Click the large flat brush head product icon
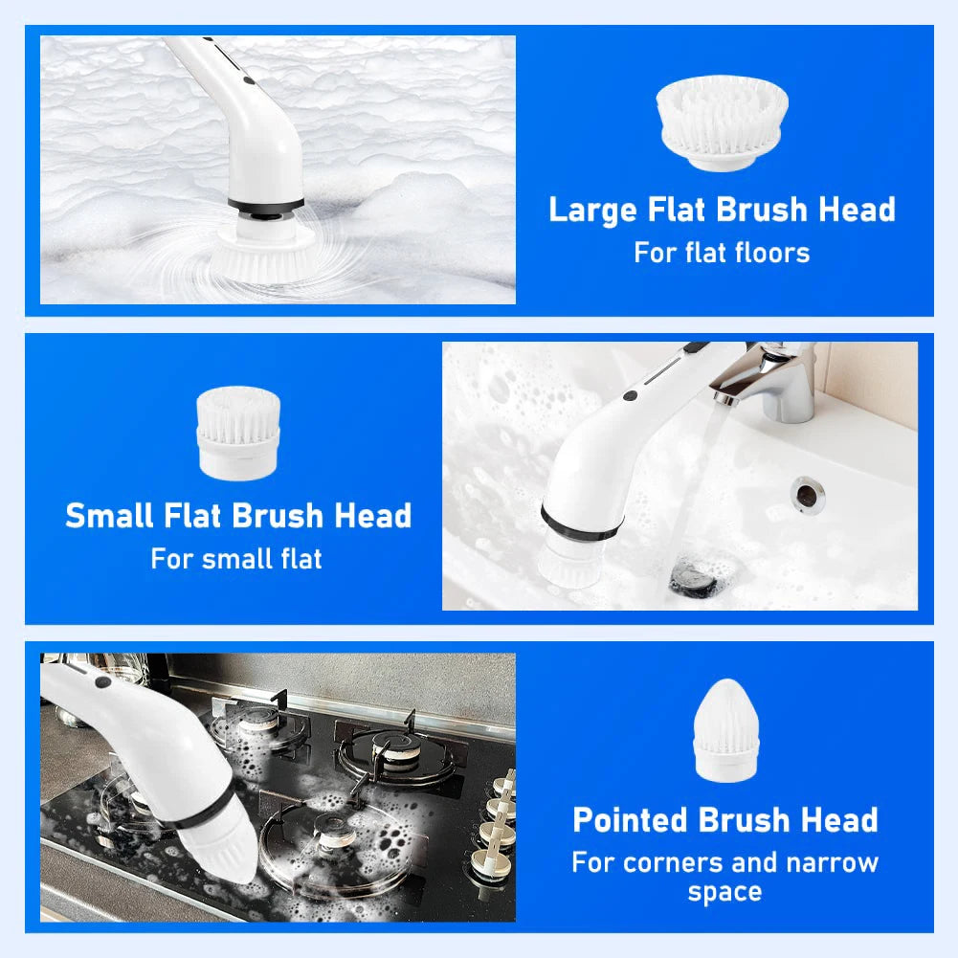pos(723,125)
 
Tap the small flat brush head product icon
pos(238,433)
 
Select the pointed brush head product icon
pos(724,726)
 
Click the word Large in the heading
pos(593,210)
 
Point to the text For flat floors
pos(722,253)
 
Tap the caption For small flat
pos(236,558)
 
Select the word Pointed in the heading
pos(630,820)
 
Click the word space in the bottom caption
pos(724,892)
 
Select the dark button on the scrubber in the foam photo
pos(250,83)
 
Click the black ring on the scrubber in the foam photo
pos(265,206)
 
